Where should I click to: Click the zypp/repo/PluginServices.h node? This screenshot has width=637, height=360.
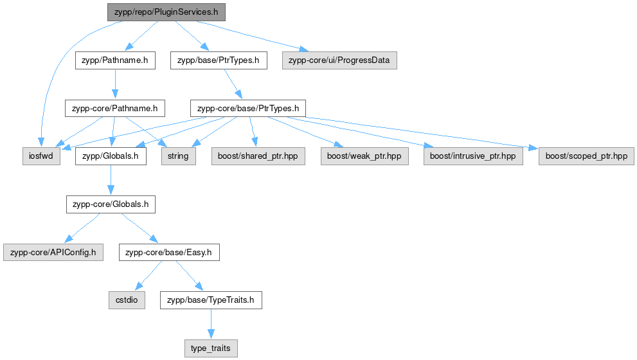pyautogui.click(x=166, y=12)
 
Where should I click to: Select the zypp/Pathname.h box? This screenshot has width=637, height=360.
pyautogui.click(x=115, y=60)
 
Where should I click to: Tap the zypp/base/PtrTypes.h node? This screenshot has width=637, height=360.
pyautogui.click(x=219, y=60)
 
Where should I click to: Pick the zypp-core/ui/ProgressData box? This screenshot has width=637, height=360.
pyautogui.click(x=339, y=60)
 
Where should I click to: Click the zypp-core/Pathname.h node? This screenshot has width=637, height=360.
pyautogui.click(x=115, y=108)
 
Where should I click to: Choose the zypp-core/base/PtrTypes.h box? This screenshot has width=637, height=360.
pyautogui.click(x=248, y=108)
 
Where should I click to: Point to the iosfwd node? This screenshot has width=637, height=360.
pyautogui.click(x=41, y=156)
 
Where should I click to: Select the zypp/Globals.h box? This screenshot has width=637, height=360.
pyautogui.click(x=111, y=156)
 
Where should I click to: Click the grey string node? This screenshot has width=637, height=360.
pyautogui.click(x=178, y=156)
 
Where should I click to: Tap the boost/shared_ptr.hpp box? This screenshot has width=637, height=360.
pyautogui.click(x=258, y=156)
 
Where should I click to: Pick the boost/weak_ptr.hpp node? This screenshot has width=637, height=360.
pyautogui.click(x=364, y=156)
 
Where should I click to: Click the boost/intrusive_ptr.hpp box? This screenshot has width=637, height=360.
pyautogui.click(x=473, y=156)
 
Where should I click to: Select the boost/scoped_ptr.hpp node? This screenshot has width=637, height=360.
pyautogui.click(x=586, y=156)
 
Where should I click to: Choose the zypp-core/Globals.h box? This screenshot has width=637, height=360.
pyautogui.click(x=111, y=204)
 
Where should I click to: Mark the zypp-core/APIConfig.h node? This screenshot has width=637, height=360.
pyautogui.click(x=53, y=253)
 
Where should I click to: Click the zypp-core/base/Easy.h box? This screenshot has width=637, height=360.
pyautogui.click(x=169, y=253)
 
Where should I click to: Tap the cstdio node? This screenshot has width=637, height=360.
pyautogui.click(x=127, y=300)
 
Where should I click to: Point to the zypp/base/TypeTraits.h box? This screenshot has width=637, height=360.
pyautogui.click(x=211, y=300)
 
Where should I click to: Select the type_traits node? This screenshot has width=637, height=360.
pyautogui.click(x=211, y=348)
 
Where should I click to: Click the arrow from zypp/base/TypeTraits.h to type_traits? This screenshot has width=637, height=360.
pyautogui.click(x=211, y=324)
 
